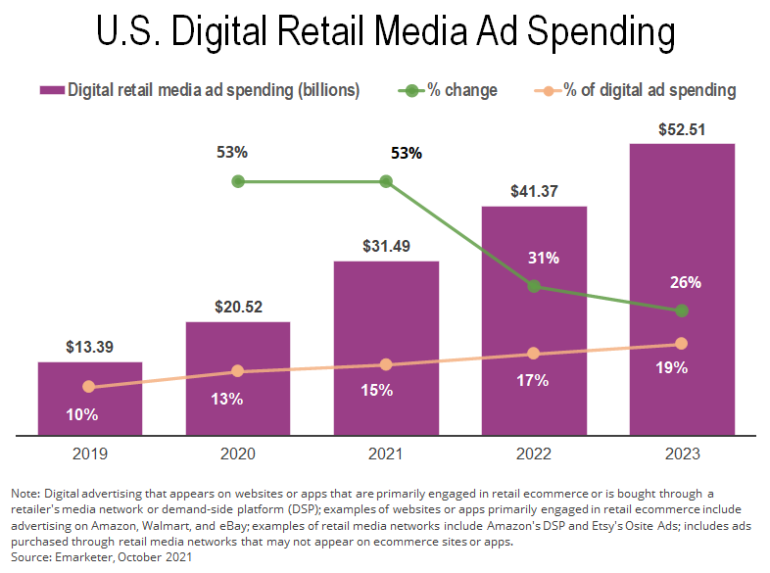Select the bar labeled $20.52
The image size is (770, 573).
(238, 377)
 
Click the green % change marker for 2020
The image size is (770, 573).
(237, 181)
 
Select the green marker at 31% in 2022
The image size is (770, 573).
(534, 286)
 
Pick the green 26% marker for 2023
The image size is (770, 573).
(682, 310)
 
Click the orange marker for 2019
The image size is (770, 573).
(89, 387)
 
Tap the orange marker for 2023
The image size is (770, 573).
(682, 344)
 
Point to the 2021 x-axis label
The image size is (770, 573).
(386, 454)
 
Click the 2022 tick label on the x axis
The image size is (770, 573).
(534, 454)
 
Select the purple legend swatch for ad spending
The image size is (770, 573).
(50, 90)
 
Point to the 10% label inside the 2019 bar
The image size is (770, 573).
(82, 414)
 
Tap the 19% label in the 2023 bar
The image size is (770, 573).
(672, 368)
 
